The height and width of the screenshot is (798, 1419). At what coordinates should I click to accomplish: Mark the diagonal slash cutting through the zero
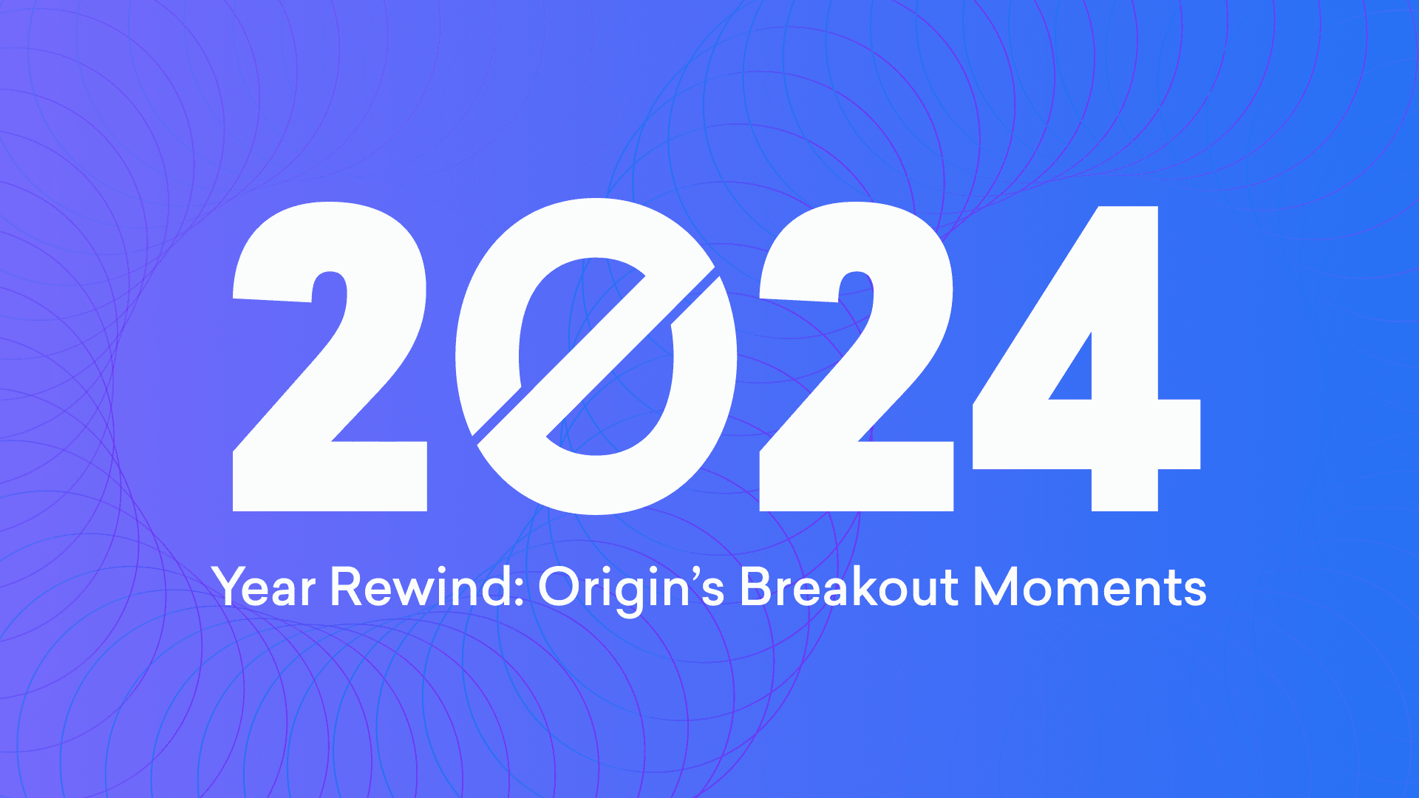595,356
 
